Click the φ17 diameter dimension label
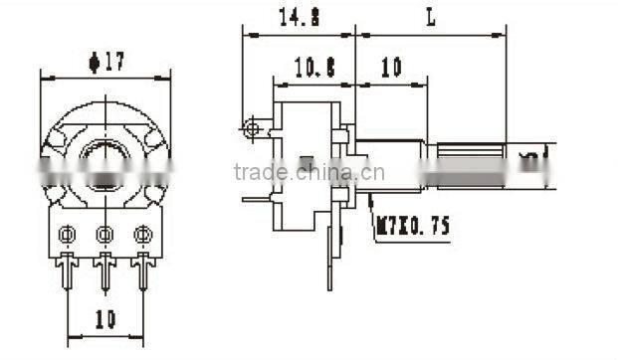click(104, 62)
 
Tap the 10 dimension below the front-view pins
click(105, 319)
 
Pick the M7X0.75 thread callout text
click(411, 227)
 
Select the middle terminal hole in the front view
click(104, 235)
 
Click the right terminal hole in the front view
click(142, 235)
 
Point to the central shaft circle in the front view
click(104, 159)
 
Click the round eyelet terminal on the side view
click(253, 128)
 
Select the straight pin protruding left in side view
click(256, 198)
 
